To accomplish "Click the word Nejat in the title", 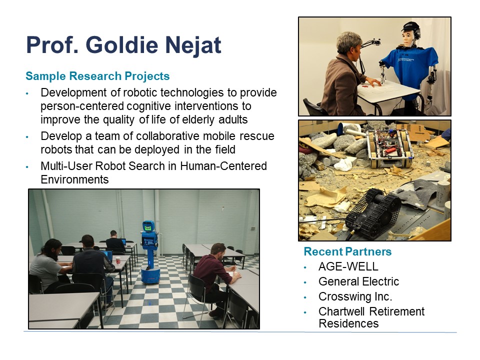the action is (x=193, y=44).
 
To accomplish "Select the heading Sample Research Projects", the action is (x=97, y=76).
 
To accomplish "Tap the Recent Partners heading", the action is (x=347, y=251).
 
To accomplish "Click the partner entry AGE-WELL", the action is (x=348, y=266).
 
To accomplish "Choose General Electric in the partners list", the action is (x=359, y=281).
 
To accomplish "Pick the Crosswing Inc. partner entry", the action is (x=355, y=296).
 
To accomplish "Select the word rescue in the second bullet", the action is (x=257, y=136).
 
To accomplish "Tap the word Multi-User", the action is (x=66, y=166).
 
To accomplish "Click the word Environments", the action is (x=74, y=179).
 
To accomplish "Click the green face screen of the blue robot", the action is (x=148, y=227).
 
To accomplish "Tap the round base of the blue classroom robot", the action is (x=150, y=274).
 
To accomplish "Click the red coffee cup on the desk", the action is (x=118, y=260).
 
